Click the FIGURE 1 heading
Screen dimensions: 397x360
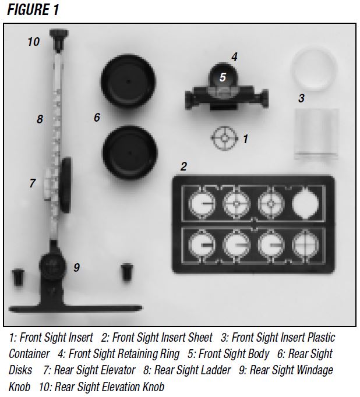click(33, 10)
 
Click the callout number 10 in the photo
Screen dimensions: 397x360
click(34, 42)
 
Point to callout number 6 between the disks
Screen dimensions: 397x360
click(97, 118)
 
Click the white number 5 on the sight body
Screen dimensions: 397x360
click(223, 76)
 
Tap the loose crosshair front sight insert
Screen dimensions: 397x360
click(223, 139)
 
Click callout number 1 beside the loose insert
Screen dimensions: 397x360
click(245, 139)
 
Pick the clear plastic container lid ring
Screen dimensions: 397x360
click(314, 66)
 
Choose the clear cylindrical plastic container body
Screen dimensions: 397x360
click(316, 135)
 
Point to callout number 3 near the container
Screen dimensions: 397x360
click(301, 98)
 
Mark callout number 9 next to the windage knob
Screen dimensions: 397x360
click(76, 268)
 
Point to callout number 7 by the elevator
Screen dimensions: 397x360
click(33, 183)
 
